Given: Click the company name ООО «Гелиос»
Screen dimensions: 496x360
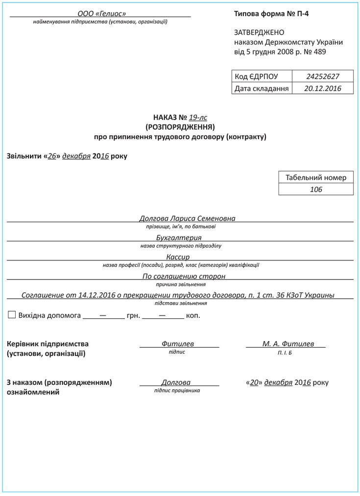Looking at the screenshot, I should click(101, 13).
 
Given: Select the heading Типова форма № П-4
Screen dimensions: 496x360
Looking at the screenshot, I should click(271, 14).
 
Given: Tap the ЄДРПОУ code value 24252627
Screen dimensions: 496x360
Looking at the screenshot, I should click(322, 76).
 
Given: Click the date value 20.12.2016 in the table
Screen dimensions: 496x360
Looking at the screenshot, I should click(322, 89).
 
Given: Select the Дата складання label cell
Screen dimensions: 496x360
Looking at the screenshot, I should click(262, 89).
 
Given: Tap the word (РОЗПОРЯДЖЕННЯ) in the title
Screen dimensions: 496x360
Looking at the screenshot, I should click(180, 127).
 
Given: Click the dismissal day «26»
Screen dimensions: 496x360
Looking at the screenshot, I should click(52, 156).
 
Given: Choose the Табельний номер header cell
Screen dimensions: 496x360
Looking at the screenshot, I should click(316, 178).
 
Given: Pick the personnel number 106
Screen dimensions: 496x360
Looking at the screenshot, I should click(316, 189).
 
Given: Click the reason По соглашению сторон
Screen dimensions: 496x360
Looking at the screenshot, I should click(184, 276).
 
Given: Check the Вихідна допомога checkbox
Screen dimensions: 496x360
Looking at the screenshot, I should click(12, 315).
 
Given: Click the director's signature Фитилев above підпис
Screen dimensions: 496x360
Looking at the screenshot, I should click(178, 344).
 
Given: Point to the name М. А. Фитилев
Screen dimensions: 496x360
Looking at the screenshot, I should click(288, 344).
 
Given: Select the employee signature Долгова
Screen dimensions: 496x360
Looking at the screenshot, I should click(176, 382).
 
